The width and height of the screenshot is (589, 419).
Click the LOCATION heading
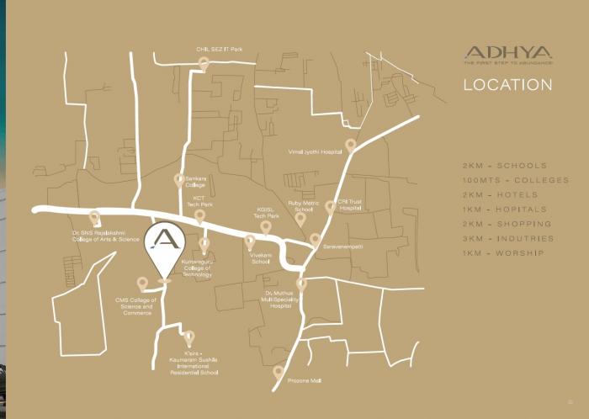[507, 85]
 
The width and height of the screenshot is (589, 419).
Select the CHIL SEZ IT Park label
[219, 50]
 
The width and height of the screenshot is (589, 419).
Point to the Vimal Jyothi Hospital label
[316, 152]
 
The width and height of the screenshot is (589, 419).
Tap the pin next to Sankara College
[178, 179]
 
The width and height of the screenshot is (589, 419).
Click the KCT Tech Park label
[199, 201]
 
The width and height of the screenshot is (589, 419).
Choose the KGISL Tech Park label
[267, 213]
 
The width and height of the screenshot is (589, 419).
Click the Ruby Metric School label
[304, 206]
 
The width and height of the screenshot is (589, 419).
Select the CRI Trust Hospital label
[350, 204]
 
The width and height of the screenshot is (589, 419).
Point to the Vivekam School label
[261, 257]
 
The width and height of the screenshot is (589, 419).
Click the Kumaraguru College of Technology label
[197, 268]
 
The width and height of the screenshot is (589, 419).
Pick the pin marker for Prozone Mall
[279, 371]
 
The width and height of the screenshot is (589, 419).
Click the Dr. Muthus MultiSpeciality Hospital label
[280, 300]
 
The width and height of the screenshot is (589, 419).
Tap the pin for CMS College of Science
[142, 284]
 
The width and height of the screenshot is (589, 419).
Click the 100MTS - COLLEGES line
[515, 180]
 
